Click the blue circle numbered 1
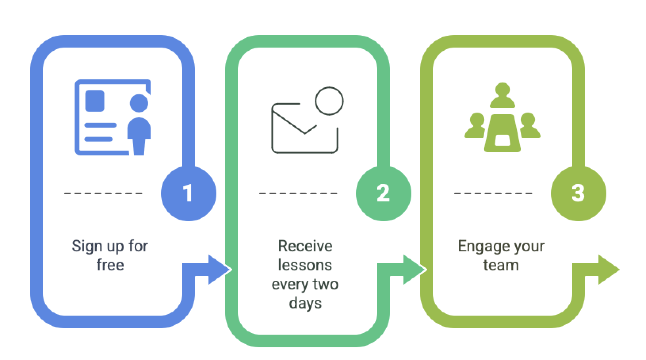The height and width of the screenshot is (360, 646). (x=188, y=193)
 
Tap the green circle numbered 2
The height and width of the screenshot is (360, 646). (x=383, y=193)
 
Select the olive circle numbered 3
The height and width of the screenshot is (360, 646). (x=578, y=193)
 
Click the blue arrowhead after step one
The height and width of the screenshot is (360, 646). (x=219, y=270)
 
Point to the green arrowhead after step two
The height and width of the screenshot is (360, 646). (x=414, y=270)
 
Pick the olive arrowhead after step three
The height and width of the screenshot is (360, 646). (x=609, y=270)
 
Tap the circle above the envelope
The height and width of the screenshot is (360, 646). (x=329, y=101)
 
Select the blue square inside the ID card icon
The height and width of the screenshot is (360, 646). (x=95, y=101)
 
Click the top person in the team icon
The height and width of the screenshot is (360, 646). (x=503, y=95)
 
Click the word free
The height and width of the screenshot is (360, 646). (x=110, y=265)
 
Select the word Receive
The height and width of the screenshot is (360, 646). (x=305, y=246)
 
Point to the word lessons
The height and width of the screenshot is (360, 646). (x=305, y=265)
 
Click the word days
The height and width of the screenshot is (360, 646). (x=305, y=303)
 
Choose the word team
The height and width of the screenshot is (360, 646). (x=501, y=265)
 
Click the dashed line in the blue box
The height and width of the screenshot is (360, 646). (x=103, y=193)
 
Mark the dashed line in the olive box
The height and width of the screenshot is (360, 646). (x=493, y=193)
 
